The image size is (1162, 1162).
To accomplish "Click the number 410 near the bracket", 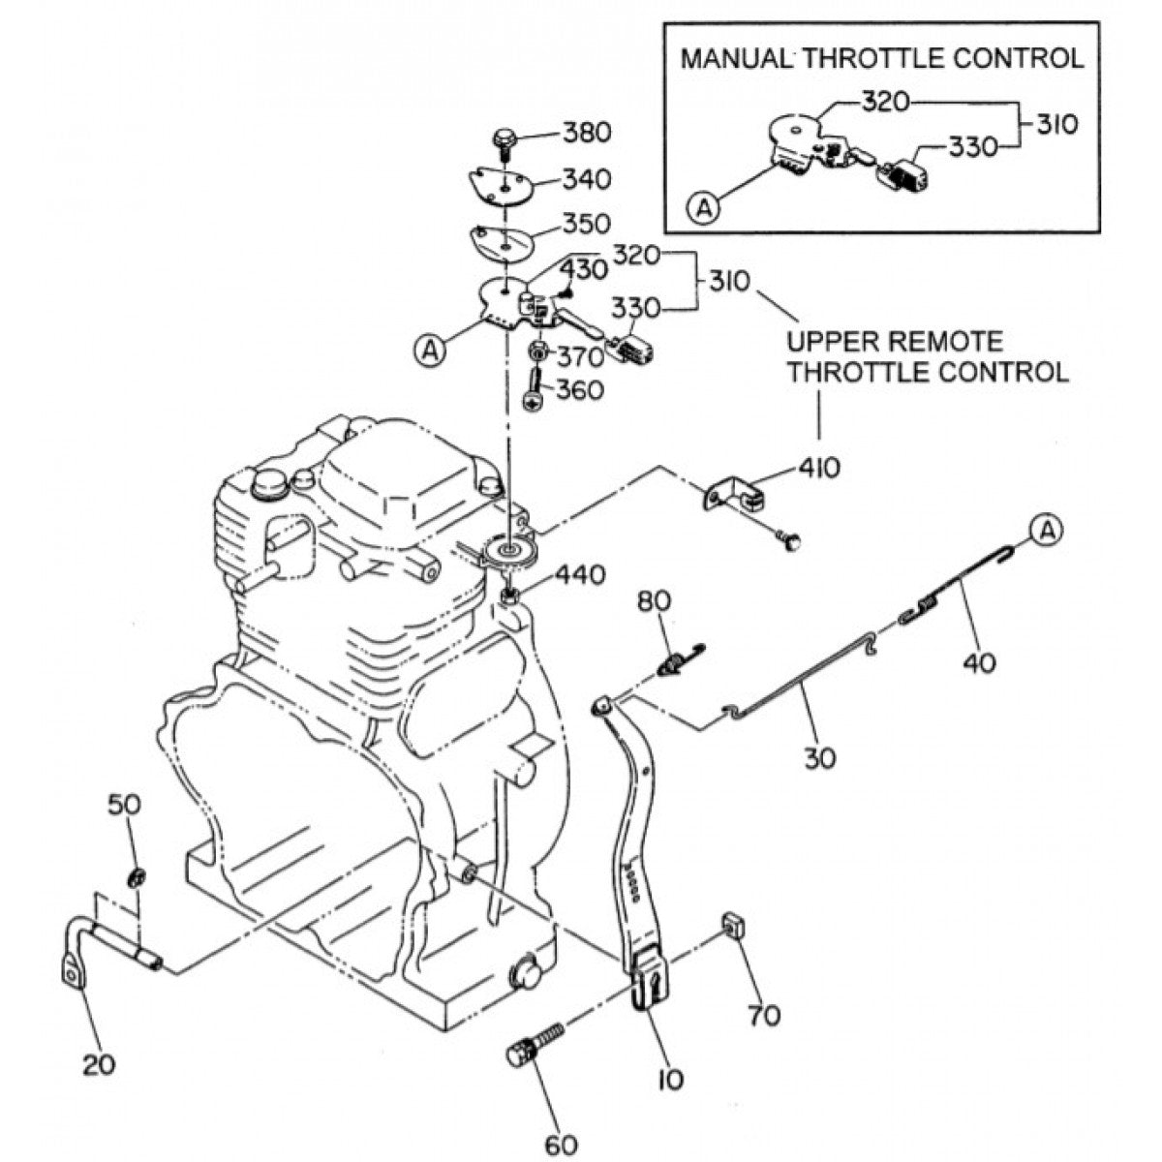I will pos(819,468).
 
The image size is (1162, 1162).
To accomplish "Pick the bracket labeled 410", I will pos(732,498).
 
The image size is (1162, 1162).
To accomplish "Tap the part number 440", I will pos(580,576).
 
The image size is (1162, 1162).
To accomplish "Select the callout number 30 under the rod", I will pos(819,756).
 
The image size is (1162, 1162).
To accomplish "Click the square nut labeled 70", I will pos(733,925).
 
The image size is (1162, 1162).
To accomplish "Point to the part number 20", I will pos(98,1064).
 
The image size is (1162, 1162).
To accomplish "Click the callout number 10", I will pos(668,1079).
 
